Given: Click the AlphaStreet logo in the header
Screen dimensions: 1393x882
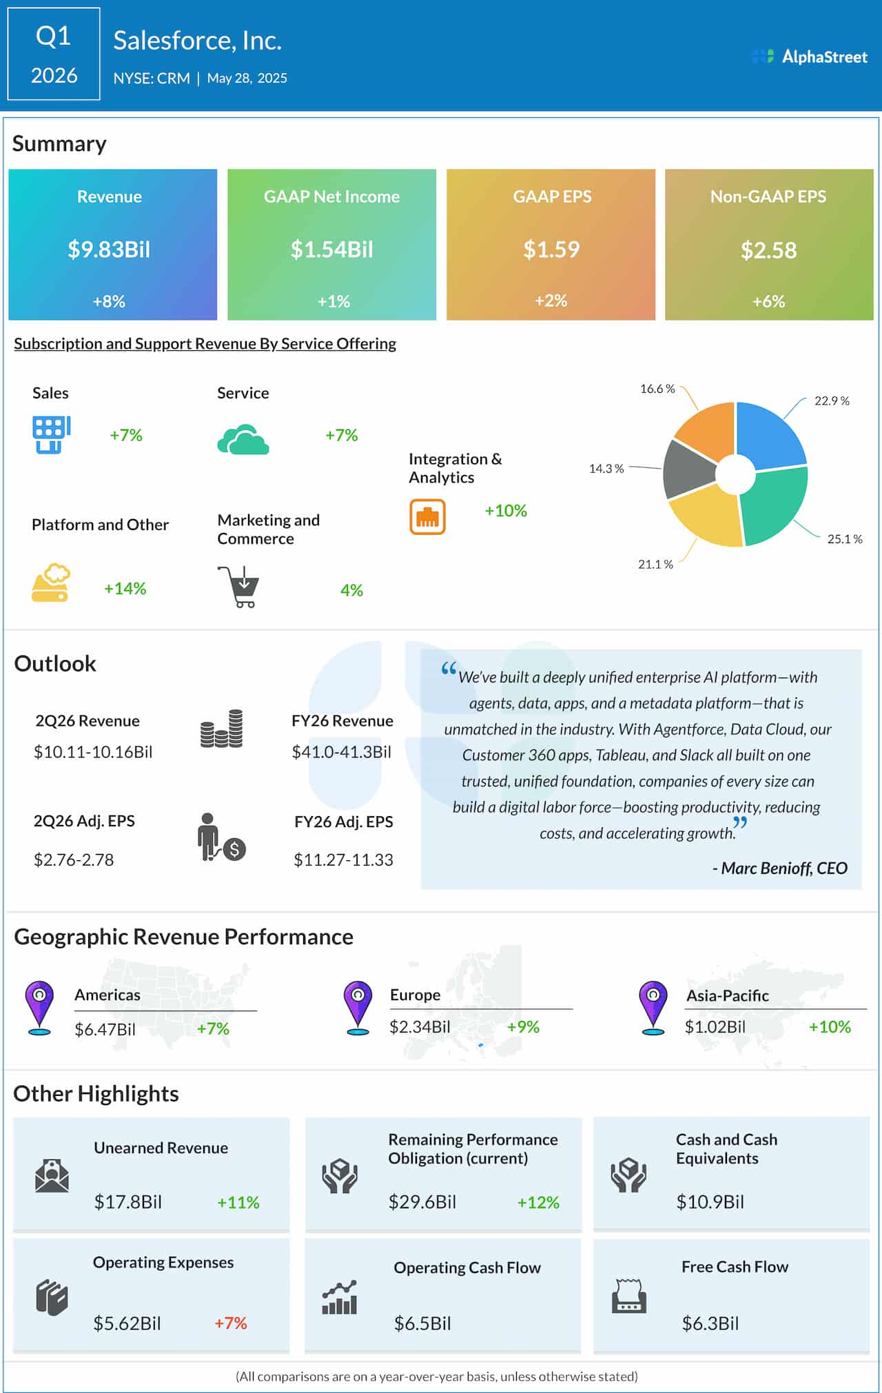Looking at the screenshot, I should [x=810, y=57].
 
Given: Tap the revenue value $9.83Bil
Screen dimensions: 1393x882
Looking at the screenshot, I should [x=109, y=249].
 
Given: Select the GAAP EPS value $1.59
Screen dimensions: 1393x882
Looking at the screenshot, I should [x=551, y=249].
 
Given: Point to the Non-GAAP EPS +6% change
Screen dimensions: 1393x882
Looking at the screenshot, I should [x=768, y=301].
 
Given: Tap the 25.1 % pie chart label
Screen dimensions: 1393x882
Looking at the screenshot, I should [x=844, y=539].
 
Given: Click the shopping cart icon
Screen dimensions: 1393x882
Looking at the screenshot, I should [x=239, y=587].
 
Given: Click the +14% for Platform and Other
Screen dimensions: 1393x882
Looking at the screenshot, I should [x=125, y=589].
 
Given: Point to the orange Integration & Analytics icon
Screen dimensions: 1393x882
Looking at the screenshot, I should [x=427, y=517].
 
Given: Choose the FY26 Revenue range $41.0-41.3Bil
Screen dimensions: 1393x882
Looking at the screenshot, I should [x=342, y=752].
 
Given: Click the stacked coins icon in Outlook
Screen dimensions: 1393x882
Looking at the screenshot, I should [x=221, y=729].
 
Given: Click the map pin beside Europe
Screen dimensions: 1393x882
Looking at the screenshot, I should [x=358, y=1006].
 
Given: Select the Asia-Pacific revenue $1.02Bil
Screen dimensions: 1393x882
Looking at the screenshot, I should [x=715, y=1027].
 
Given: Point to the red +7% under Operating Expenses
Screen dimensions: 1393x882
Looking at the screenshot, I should [x=230, y=1323].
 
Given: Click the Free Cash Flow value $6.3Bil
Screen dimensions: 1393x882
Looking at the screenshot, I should [x=710, y=1323].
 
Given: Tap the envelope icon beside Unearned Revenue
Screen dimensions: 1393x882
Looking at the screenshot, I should [x=52, y=1176].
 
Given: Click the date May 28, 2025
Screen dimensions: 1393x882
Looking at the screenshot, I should [x=247, y=79].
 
